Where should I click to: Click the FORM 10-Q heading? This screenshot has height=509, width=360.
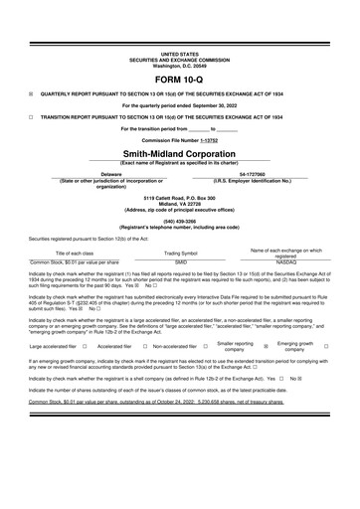(179, 79)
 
